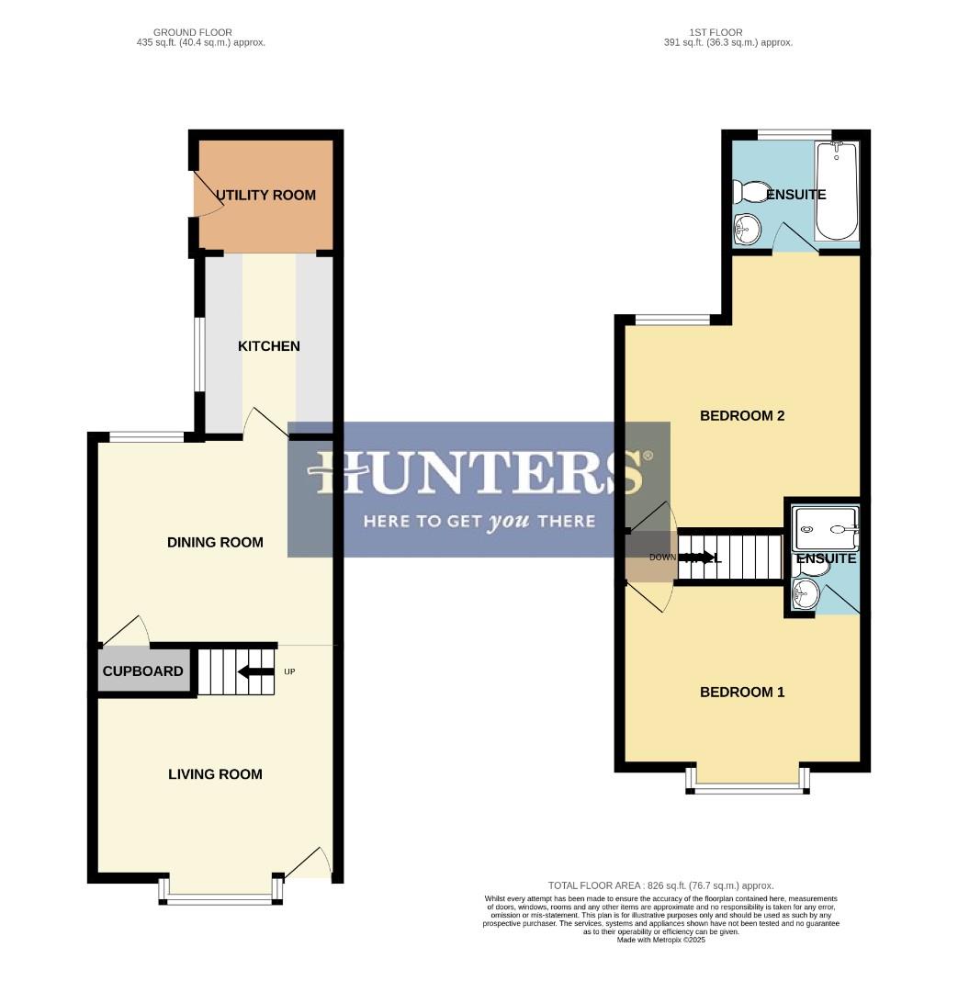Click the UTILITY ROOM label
[x=265, y=195]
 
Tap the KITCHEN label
[x=269, y=346]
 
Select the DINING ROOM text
[x=215, y=542]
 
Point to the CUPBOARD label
[x=142, y=671]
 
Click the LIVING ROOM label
[x=215, y=774]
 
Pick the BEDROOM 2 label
[x=742, y=415]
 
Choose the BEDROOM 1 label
[x=742, y=692]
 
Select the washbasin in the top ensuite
[x=746, y=229]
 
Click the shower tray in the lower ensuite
[x=825, y=530]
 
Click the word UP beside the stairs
[x=289, y=671]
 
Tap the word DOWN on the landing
[x=662, y=558]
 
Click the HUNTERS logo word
[x=478, y=473]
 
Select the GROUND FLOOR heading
[x=192, y=32]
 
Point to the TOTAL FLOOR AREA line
[x=660, y=885]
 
